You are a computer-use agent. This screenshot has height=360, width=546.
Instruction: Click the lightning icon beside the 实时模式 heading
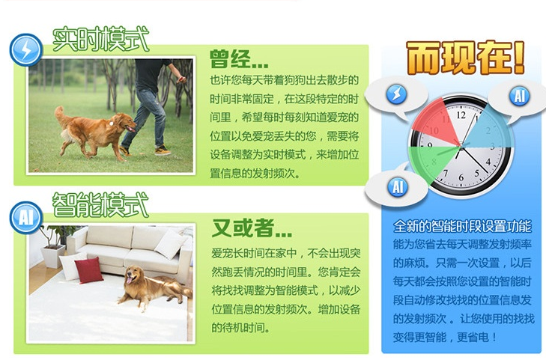(26, 49)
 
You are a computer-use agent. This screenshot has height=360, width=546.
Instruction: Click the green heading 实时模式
(100, 40)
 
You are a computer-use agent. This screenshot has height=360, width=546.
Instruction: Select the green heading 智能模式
(100, 204)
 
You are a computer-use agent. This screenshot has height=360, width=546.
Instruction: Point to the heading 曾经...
(238, 59)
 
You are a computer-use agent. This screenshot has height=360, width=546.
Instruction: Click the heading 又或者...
(251, 225)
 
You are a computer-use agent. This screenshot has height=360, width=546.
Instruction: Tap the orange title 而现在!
(465, 58)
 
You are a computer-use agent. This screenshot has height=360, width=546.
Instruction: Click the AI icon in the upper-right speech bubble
(518, 96)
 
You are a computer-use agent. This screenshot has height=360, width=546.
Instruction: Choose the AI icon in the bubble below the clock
(397, 186)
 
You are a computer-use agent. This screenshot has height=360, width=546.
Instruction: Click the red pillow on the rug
(89, 269)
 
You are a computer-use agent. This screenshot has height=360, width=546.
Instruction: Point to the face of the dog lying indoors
(135, 277)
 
